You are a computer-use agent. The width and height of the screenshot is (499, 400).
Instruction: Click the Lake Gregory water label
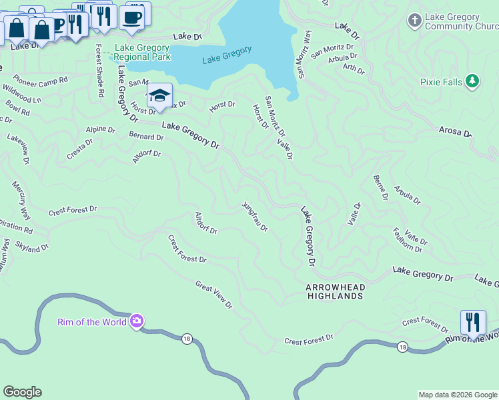(x=227, y=55)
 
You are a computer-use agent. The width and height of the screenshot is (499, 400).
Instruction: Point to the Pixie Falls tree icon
(x=472, y=81)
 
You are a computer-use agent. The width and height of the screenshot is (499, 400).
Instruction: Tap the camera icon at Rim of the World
(x=137, y=322)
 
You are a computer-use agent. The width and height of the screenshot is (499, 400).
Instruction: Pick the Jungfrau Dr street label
(x=254, y=217)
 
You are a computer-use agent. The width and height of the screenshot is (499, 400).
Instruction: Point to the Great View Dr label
(x=213, y=295)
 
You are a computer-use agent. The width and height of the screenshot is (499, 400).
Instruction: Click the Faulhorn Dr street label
(x=407, y=240)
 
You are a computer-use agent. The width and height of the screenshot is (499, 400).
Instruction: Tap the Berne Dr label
(x=380, y=187)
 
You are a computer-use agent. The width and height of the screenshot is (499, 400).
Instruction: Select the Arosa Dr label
(x=455, y=131)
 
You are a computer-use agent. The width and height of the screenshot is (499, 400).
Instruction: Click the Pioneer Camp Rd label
(x=40, y=81)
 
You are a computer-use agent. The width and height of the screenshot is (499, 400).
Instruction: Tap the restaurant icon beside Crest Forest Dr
(x=472, y=323)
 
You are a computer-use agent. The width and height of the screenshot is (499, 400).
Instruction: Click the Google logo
(x=22, y=392)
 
